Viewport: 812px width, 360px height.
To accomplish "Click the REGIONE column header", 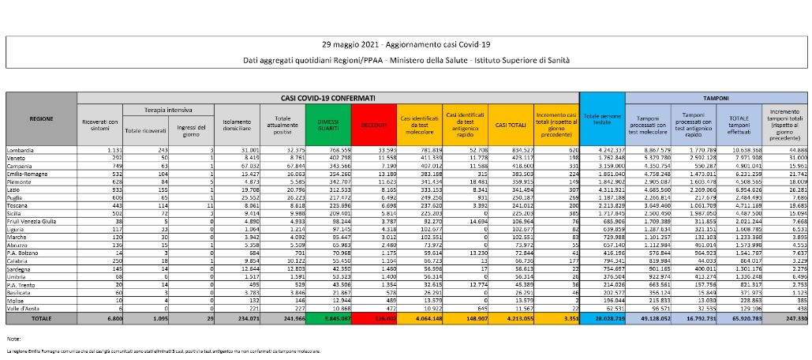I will tap(41, 118).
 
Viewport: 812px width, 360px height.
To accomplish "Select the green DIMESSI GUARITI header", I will tap(327, 124).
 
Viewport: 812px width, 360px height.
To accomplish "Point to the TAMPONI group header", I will tap(716, 98).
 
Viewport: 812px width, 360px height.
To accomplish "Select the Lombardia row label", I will tap(24, 149).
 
